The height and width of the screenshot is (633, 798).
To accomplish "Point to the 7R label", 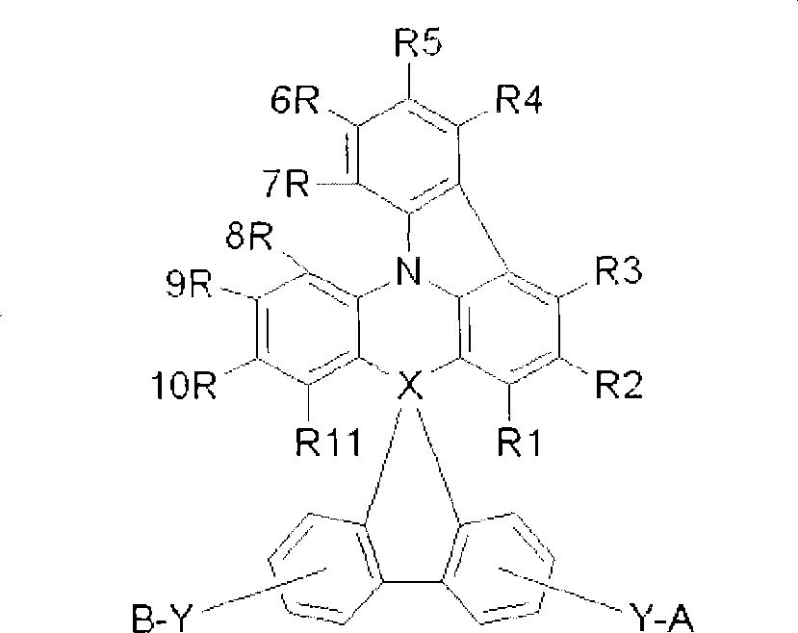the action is (x=286, y=184).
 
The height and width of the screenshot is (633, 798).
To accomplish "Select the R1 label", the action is (x=520, y=444).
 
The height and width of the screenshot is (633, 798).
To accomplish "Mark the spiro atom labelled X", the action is (x=409, y=387).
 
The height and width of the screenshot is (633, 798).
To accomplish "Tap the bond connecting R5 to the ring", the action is (x=412, y=83).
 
